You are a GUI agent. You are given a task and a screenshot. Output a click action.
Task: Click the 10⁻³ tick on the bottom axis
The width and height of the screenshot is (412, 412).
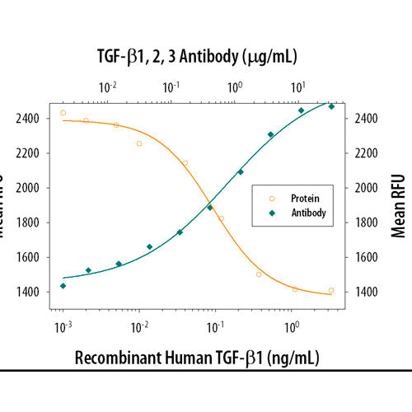click(63, 328)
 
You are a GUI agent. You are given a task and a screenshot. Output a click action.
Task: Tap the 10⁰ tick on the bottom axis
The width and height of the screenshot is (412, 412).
click(292, 328)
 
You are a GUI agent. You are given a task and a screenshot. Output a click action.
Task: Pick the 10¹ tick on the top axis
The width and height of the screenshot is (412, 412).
click(299, 87)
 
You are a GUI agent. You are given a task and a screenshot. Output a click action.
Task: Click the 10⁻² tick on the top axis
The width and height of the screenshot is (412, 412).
click(107, 87)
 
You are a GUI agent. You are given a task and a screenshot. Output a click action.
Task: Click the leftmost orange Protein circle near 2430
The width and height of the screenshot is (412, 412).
click(63, 113)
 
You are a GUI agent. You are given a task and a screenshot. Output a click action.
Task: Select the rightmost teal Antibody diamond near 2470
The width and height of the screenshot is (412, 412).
click(331, 106)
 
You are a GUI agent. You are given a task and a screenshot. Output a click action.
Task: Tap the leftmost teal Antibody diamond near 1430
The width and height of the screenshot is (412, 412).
click(63, 286)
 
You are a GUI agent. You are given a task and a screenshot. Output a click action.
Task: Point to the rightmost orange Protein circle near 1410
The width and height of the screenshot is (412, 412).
click(331, 290)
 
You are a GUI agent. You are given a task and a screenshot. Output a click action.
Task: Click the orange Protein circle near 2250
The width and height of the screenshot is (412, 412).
click(139, 143)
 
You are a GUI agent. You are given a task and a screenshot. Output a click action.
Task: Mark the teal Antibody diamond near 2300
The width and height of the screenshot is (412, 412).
click(270, 134)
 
